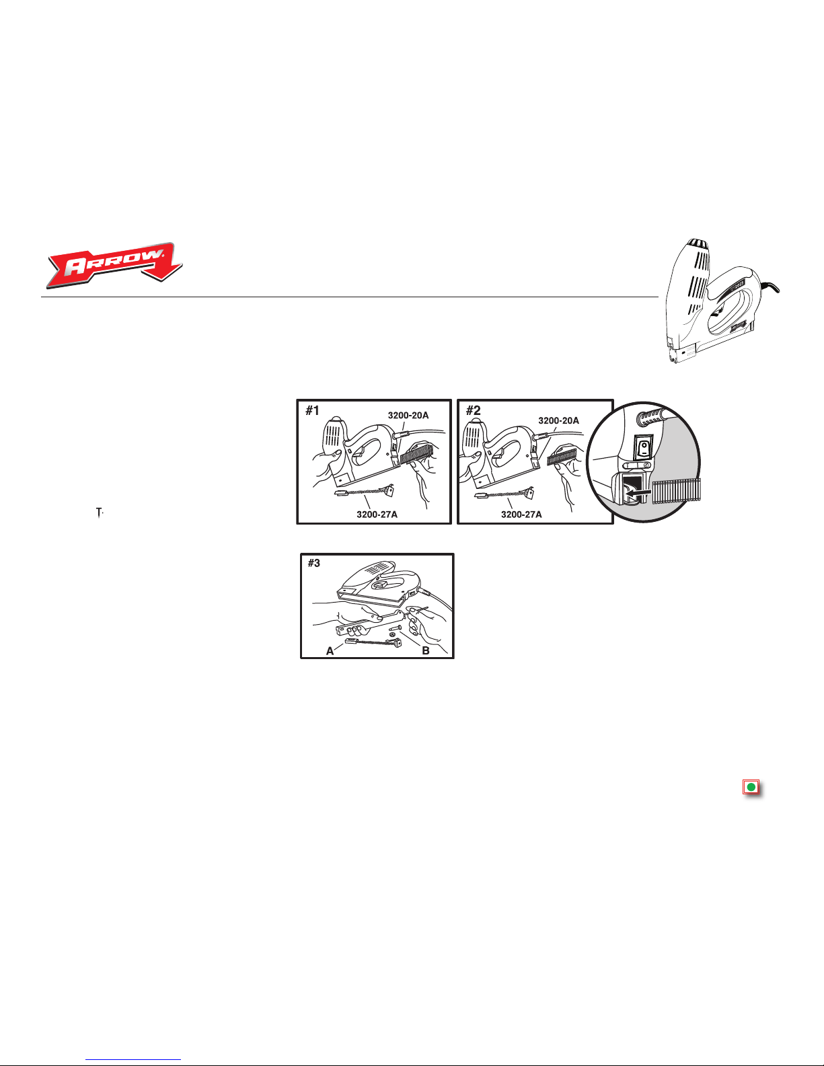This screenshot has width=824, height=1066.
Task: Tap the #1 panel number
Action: pos(312,411)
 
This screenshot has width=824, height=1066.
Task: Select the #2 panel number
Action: pos(474,411)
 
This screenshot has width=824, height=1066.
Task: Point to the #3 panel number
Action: pos(314,563)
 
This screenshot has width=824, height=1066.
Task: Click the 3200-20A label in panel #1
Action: pos(408,416)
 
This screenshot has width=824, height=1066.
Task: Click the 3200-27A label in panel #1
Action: pos(377,515)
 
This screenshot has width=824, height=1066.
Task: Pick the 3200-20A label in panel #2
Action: pos(559,420)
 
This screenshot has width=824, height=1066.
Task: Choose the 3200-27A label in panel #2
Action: pos(521,515)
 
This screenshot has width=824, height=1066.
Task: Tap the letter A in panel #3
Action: pos(330,651)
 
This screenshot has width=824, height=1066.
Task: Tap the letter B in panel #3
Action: pos(426,651)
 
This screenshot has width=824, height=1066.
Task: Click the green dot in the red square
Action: pos(751,788)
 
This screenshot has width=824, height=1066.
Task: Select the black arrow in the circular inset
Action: pos(638,491)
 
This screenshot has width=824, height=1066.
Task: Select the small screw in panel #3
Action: pos(396,627)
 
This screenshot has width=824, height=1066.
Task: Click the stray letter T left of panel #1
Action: pos(100,513)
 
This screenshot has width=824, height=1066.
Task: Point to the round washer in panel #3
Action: pos(392,634)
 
